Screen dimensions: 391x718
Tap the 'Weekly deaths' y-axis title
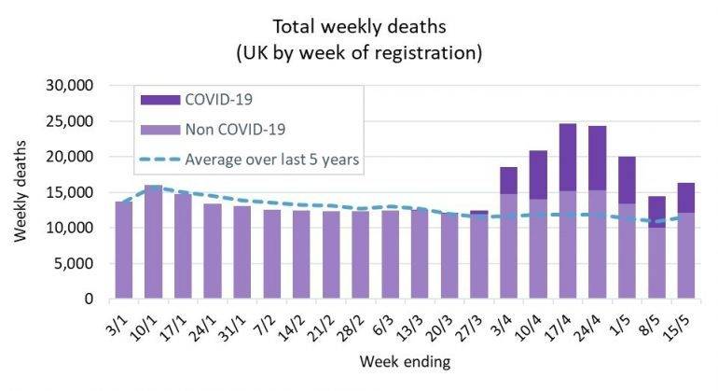[21, 192]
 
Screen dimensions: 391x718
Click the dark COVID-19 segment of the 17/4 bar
[568, 157]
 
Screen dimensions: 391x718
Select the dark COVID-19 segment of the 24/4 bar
[597, 158]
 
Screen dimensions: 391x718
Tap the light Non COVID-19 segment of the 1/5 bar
[627, 251]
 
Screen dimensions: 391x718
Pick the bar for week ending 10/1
[154, 242]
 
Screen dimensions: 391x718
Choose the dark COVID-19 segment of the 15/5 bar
[685, 197]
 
